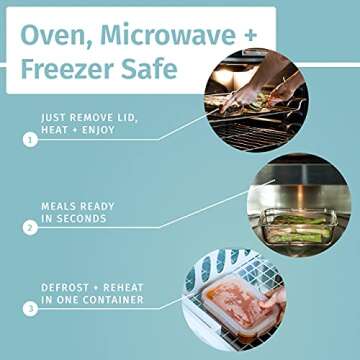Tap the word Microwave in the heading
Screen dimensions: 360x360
168,34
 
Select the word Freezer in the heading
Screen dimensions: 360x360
66,69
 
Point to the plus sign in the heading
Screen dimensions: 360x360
251,35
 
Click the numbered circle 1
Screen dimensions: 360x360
30,140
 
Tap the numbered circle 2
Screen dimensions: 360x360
30,228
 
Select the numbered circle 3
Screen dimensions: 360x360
30,309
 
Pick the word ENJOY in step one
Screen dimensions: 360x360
98,130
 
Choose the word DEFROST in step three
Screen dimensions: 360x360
65,287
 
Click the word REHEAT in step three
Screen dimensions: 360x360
123,287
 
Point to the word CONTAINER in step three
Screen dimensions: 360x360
113,300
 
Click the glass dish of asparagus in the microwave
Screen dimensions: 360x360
298,227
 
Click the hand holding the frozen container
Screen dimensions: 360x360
273,298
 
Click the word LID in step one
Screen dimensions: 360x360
128,118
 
